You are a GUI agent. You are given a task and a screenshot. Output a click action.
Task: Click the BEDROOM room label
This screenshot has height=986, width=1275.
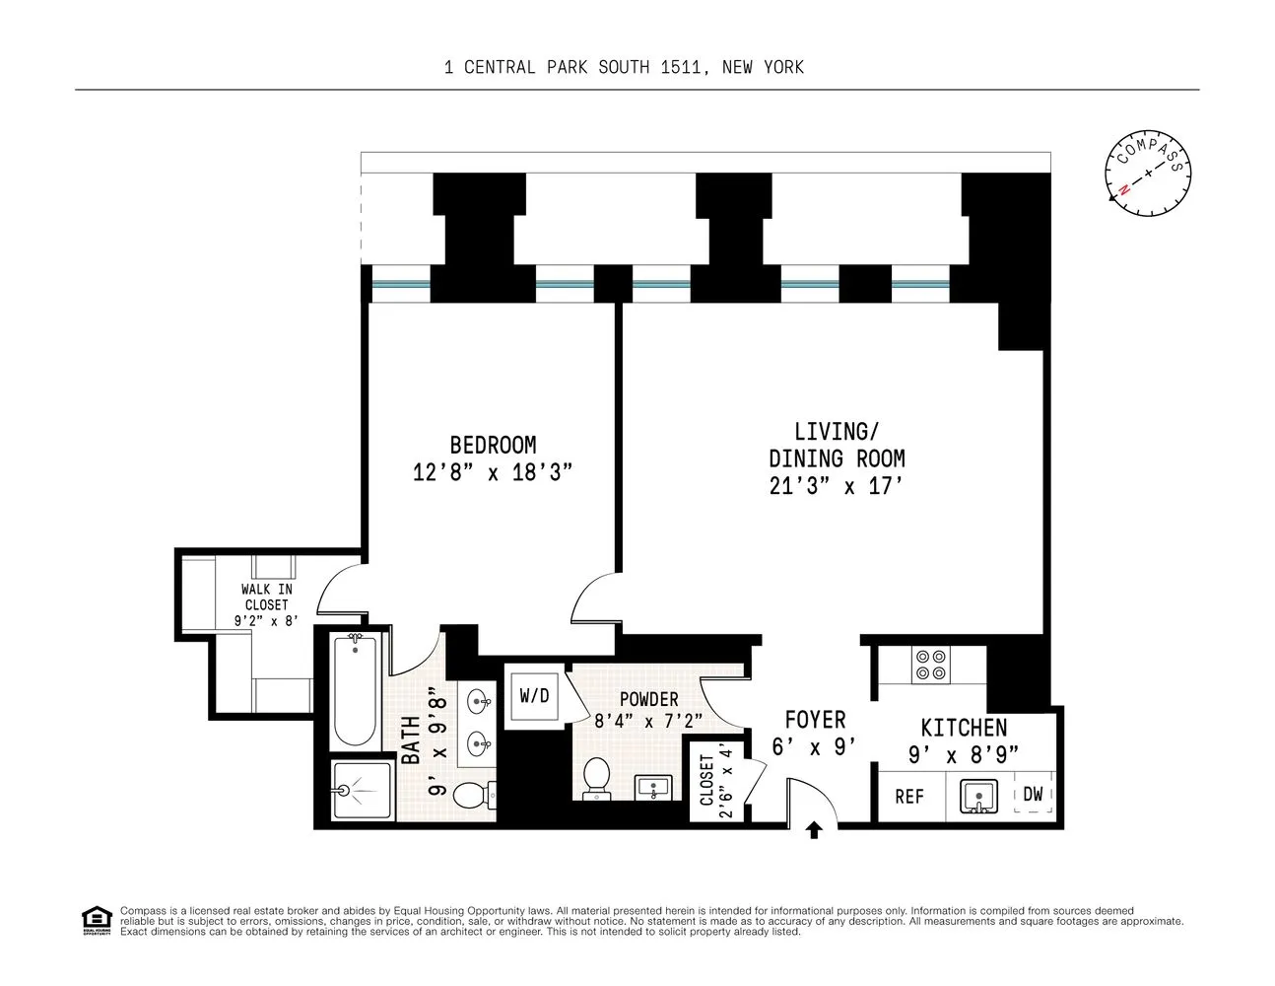[x=493, y=445]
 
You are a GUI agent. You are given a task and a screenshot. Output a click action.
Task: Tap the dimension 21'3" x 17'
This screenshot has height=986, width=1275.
[x=837, y=486]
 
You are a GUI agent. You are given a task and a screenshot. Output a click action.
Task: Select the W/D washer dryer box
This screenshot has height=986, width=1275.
[x=534, y=695]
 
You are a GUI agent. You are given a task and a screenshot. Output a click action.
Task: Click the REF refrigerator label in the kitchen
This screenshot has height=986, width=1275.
[x=908, y=796]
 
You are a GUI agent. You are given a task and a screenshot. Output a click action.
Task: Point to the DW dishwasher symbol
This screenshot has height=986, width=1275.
[x=1033, y=794]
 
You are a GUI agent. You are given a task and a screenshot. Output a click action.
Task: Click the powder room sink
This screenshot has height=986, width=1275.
[x=652, y=788]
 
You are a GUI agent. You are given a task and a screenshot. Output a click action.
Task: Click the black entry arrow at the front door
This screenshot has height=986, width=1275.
[x=814, y=830]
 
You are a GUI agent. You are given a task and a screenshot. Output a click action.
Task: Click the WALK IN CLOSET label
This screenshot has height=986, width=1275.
[x=266, y=604]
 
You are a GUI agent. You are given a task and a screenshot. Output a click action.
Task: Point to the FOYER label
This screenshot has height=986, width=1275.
[x=815, y=720]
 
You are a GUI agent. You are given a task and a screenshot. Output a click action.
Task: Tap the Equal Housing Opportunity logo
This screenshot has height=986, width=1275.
[x=97, y=919]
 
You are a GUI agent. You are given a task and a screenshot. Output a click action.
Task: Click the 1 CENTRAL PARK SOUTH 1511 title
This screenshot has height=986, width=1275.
[x=624, y=67]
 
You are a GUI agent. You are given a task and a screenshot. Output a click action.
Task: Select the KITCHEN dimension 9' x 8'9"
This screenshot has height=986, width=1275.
[x=963, y=754]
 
